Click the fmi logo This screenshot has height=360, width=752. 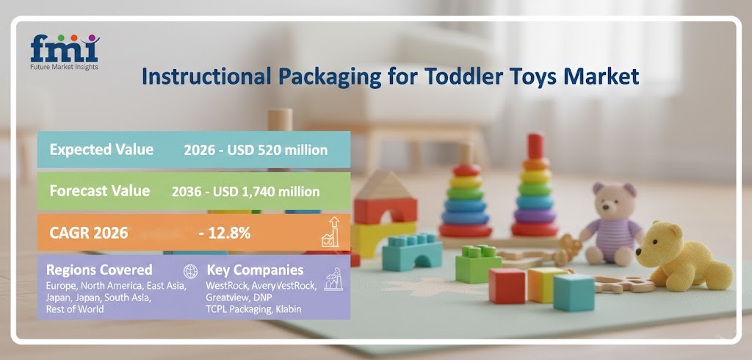pos(64,51)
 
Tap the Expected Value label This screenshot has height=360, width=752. pos(101,149)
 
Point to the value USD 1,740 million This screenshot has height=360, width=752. pos(265,191)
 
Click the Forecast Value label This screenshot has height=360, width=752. pos(99,190)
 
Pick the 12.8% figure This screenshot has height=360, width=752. pos(225,233)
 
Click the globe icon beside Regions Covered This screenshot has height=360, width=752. pos(190,270)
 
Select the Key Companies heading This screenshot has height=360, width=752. pos(255,270)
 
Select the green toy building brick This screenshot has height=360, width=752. pos(478,264)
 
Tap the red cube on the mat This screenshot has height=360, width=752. pos(507,286)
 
